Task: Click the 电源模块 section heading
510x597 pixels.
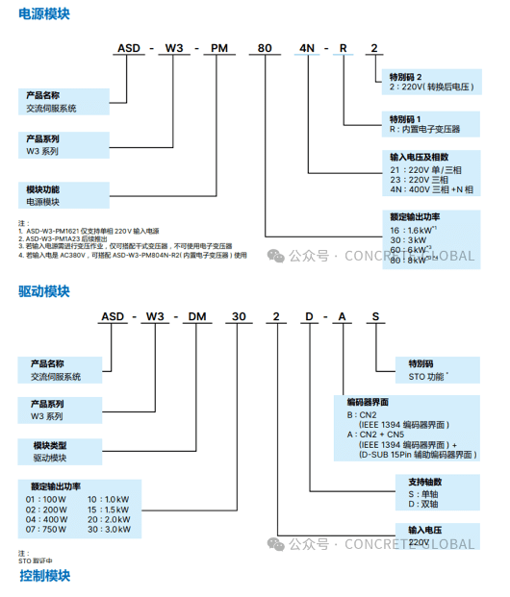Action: pos(43,15)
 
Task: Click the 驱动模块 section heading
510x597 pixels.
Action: pos(43,290)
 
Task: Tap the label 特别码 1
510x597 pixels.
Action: pos(405,117)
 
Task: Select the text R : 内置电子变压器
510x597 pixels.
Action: pos(424,128)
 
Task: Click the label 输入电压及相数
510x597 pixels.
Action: pos(419,158)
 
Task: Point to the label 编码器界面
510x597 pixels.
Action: pos(368,401)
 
